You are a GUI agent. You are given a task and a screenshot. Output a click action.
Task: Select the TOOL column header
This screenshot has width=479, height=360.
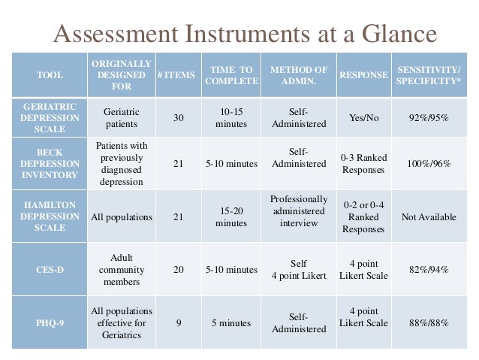(50, 75)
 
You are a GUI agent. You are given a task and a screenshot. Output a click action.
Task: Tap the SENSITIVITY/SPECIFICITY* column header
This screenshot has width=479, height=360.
(428, 75)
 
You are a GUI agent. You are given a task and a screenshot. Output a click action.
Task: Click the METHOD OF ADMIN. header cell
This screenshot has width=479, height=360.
(298, 75)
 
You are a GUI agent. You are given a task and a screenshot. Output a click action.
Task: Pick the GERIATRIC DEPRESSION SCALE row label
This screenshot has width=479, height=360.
(50, 117)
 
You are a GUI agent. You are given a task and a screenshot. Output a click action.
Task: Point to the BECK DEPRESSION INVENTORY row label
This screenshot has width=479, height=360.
(50, 163)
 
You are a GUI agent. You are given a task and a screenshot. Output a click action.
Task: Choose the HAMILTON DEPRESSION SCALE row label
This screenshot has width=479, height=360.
(50, 217)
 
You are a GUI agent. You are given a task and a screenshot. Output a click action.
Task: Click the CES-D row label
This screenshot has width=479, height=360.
(50, 270)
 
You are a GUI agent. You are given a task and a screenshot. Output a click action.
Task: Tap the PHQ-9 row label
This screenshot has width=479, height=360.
(50, 322)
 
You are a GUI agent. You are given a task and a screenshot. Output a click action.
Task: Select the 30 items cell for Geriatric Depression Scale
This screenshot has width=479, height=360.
(178, 117)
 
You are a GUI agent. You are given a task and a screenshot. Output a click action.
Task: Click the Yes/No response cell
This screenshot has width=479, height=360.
(364, 117)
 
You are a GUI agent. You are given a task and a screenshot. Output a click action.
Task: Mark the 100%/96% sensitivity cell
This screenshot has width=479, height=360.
(429, 163)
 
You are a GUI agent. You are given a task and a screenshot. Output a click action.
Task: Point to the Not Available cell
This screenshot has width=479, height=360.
(429, 217)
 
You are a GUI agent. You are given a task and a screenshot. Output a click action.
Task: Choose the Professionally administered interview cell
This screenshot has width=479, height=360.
(298, 211)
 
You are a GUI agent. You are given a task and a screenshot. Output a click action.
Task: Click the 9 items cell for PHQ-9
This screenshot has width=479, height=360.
(178, 322)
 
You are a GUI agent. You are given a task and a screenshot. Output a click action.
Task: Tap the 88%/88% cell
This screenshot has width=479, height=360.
(429, 322)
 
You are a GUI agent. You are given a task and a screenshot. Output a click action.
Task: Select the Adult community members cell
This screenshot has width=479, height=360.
(121, 270)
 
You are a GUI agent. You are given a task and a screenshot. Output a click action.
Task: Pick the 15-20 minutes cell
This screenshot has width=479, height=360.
(230, 217)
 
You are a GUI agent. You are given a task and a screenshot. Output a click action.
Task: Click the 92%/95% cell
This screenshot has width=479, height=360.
(429, 117)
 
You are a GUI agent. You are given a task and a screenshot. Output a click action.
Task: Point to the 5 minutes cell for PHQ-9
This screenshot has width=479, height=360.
(230, 322)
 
